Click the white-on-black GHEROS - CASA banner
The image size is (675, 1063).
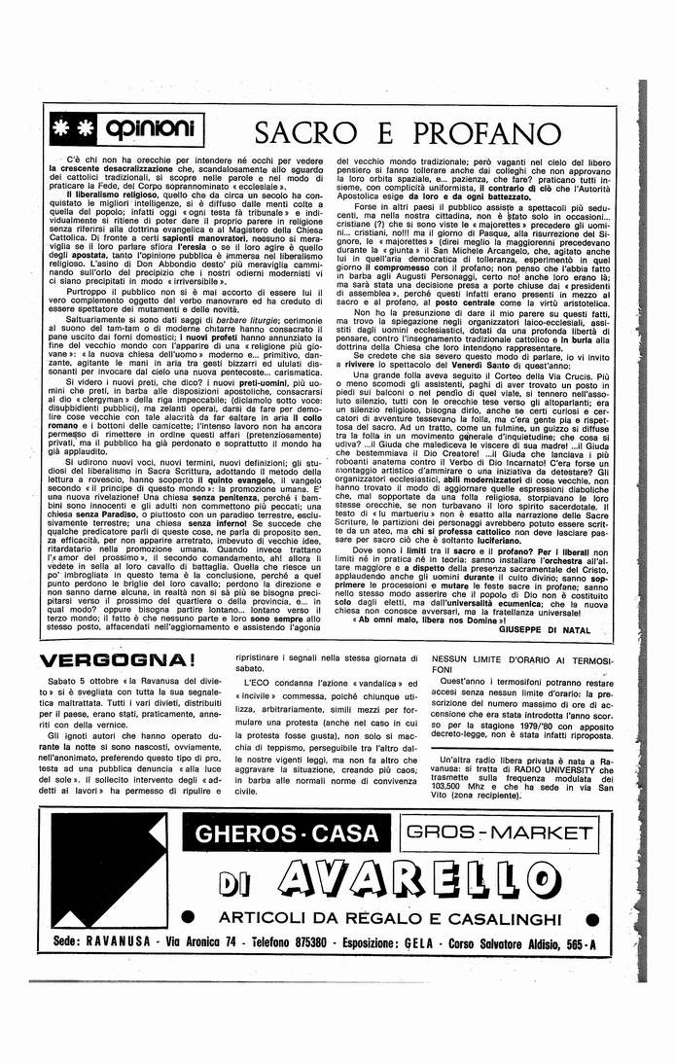coord(287,833)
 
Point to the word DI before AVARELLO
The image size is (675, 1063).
coord(232,881)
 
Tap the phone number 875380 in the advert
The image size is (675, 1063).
coord(345,943)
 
